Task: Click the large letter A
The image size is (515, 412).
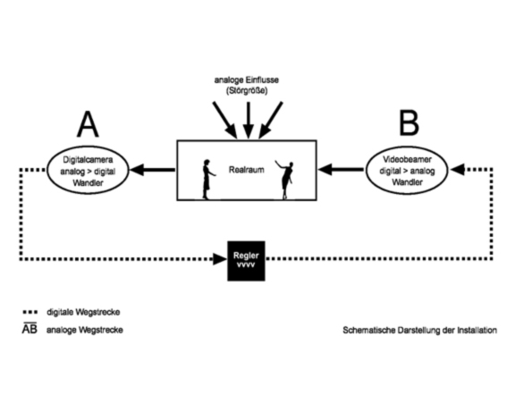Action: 88,124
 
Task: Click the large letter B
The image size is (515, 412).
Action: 409,122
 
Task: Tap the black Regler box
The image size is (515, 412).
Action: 246,261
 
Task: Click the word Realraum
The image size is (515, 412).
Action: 247,170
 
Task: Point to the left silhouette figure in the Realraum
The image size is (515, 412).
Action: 207,180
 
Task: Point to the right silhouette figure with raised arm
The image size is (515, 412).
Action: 285,180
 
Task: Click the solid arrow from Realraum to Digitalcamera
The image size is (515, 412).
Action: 153,170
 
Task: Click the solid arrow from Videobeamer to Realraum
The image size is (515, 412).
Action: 341,170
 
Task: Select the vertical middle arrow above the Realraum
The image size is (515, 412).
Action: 249,120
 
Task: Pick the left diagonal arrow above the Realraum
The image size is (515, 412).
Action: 225,120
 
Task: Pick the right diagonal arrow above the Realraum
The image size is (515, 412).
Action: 271,120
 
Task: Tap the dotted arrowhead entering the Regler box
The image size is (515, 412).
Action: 220,258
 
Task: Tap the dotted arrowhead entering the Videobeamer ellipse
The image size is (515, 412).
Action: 457,170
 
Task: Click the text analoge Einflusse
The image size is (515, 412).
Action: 247,80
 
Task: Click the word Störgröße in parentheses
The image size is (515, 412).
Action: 247,90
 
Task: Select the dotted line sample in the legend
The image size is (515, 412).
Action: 30,312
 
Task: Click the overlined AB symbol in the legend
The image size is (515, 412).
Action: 30,329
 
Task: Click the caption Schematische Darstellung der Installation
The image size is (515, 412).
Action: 419,330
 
